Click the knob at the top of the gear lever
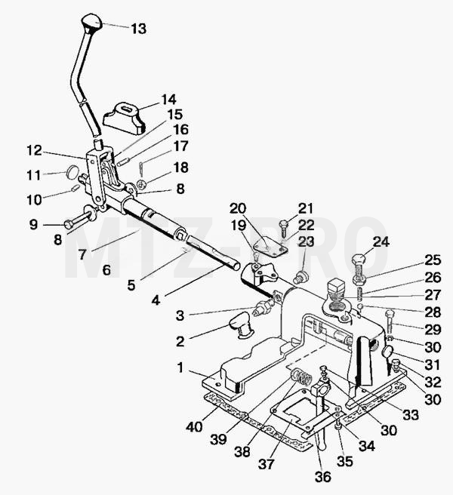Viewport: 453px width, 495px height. [x=91, y=21]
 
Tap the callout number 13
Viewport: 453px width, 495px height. [x=139, y=29]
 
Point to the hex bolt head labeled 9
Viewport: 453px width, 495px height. [x=69, y=224]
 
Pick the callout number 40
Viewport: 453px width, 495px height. [x=194, y=427]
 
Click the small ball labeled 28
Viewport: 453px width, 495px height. [x=361, y=306]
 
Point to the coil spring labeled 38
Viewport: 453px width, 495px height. [x=302, y=377]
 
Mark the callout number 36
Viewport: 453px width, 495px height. [x=323, y=477]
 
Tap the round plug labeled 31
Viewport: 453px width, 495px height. [x=388, y=352]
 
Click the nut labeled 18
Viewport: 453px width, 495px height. [x=141, y=183]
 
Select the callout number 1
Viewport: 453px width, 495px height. [x=180, y=367]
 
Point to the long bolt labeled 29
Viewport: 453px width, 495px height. [x=390, y=323]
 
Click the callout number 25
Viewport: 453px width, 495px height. [x=432, y=260]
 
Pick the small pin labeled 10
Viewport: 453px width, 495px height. [x=75, y=189]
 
